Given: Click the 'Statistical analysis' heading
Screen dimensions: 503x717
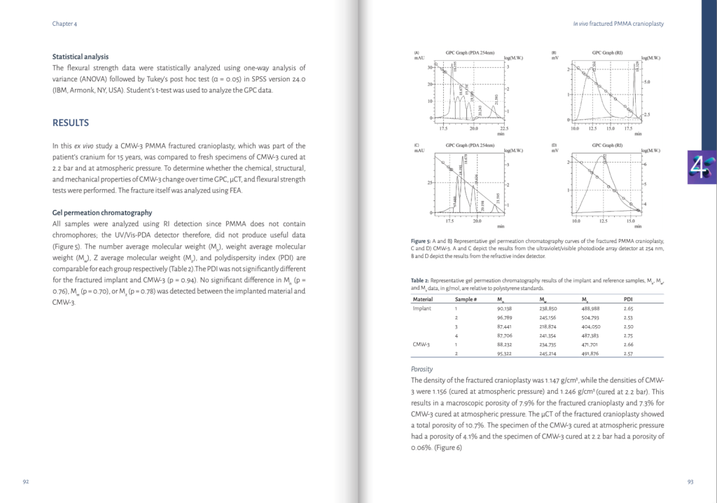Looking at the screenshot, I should click(81, 57).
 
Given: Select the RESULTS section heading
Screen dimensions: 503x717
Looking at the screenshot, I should click(71, 123).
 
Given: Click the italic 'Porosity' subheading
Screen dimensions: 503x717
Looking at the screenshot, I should click(422, 369).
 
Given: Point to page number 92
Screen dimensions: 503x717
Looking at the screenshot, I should click(26, 481).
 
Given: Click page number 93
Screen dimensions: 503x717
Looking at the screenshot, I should click(690, 481).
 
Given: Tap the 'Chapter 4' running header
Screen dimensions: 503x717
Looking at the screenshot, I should click(64, 23).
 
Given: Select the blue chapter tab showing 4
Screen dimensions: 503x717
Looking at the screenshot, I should click(701, 167).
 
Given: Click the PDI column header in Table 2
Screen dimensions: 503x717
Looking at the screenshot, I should click(628, 299).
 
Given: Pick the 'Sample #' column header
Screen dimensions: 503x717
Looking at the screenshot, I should click(466, 299).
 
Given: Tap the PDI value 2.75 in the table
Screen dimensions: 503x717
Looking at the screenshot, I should click(628, 336).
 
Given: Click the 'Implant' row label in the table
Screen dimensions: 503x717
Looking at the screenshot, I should click(422, 308).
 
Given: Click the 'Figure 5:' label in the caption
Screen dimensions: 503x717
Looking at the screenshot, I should click(422, 240).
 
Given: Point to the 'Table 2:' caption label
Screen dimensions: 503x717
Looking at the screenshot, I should click(421, 280).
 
